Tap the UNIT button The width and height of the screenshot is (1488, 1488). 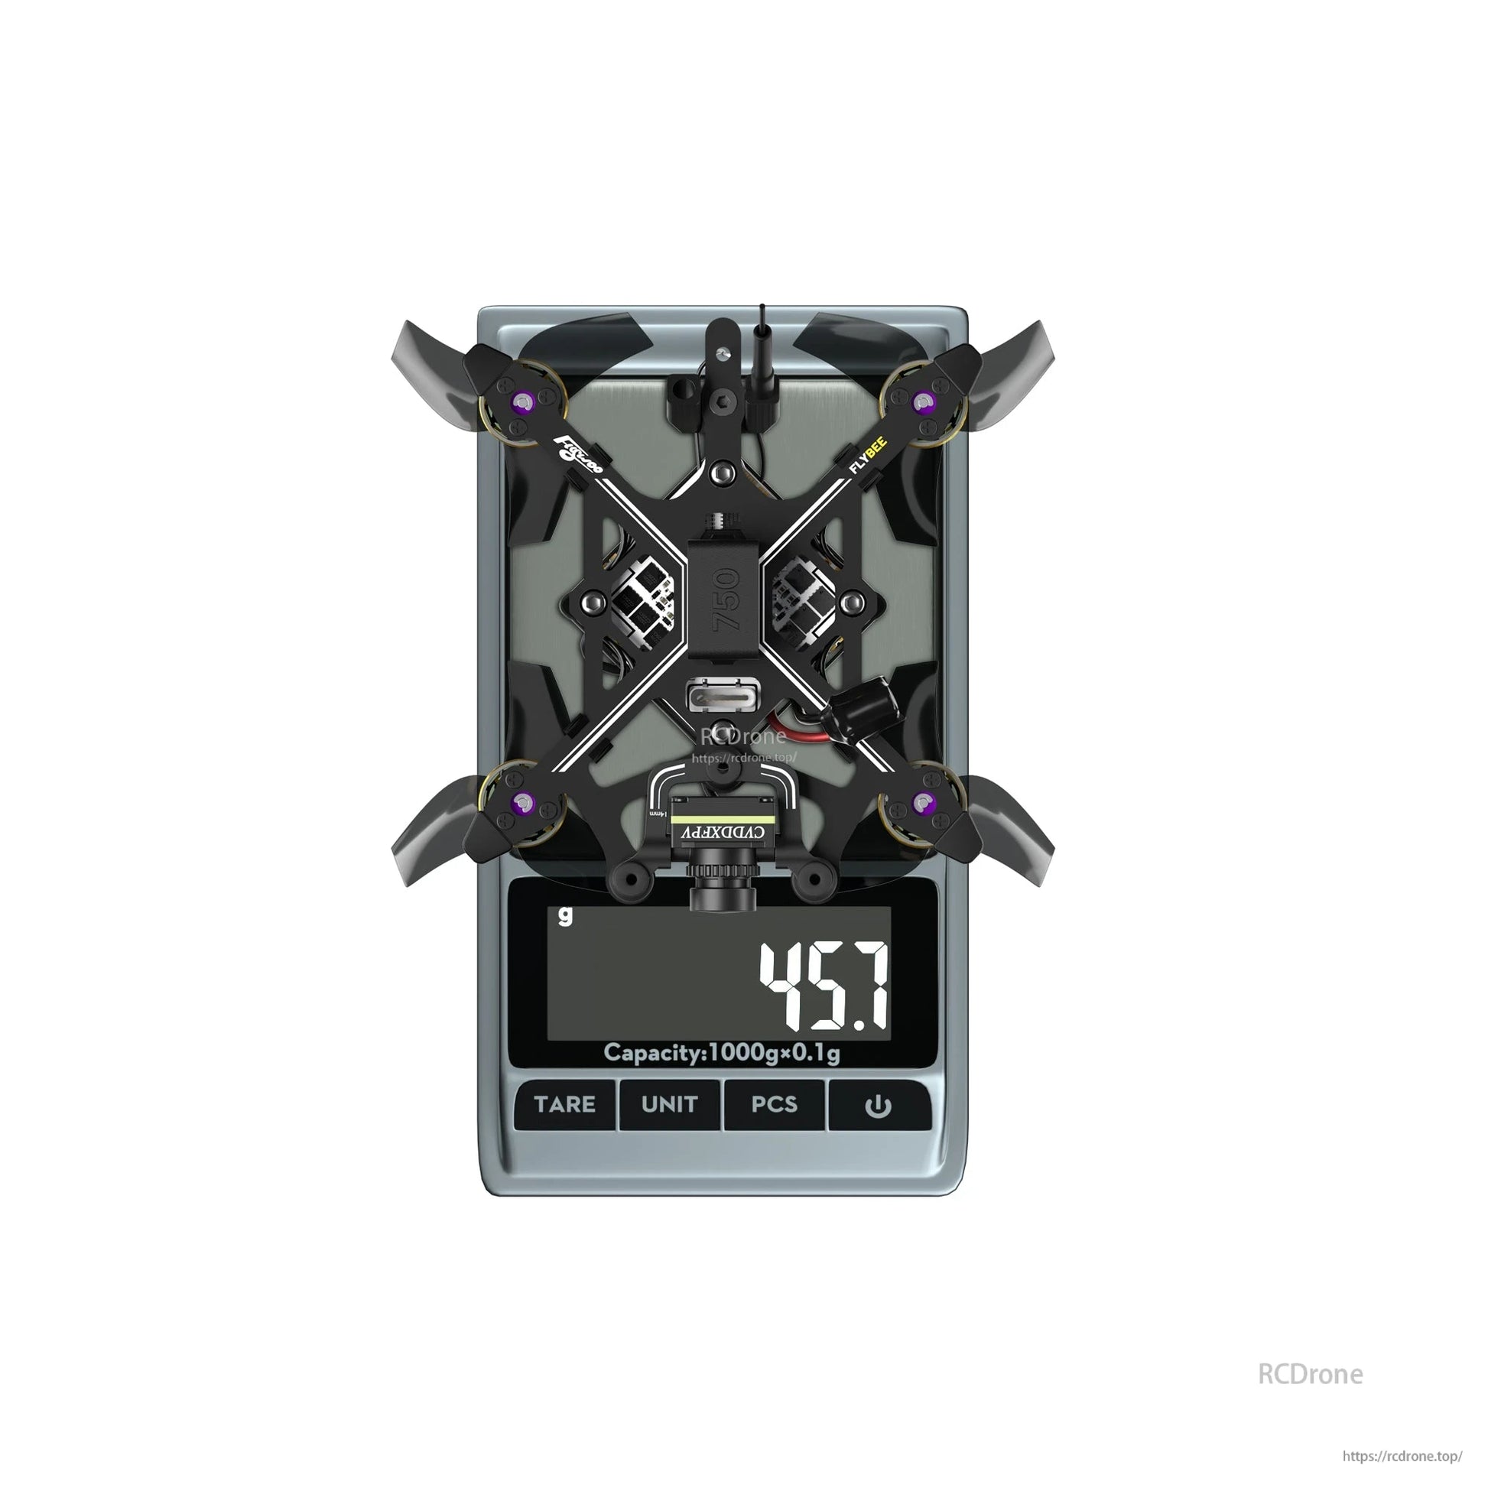(668, 1104)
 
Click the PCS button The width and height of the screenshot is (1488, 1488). (773, 1104)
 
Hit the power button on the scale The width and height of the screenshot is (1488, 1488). (878, 1106)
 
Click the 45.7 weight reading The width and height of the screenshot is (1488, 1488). (824, 986)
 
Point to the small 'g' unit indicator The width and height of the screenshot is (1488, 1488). (566, 916)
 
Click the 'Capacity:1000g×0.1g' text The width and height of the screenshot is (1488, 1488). (722, 1053)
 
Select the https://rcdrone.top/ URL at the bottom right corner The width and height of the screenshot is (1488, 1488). (1402, 1457)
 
